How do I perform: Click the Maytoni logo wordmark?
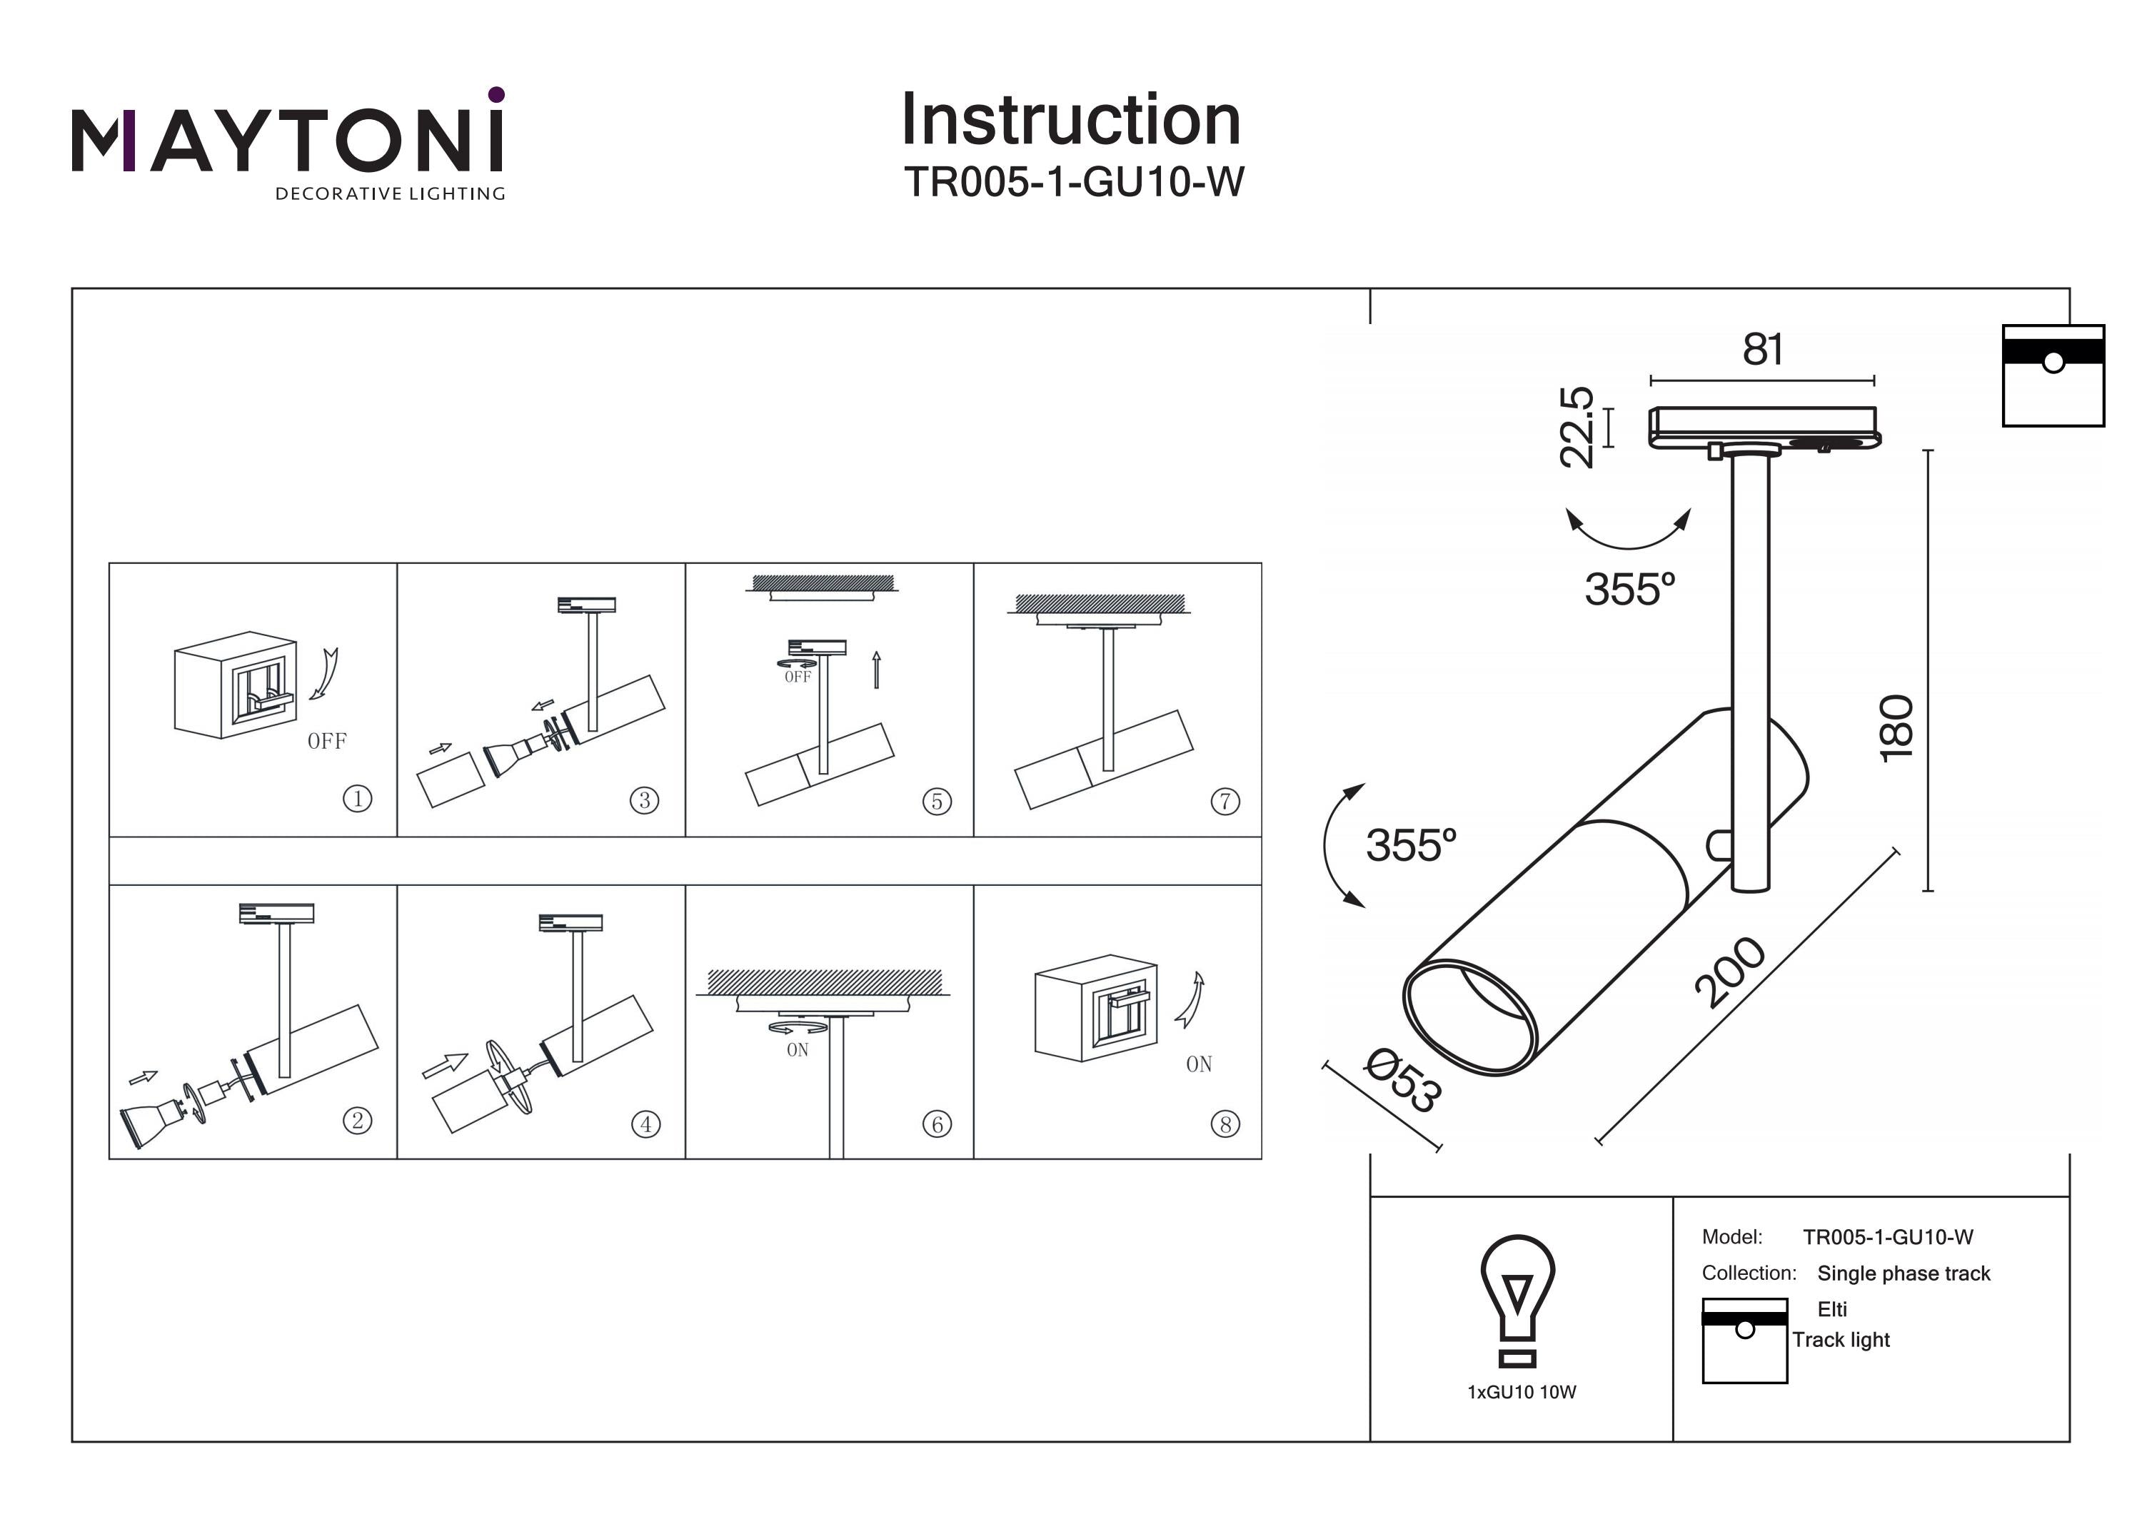pyautogui.click(x=287, y=140)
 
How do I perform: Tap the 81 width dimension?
pyautogui.click(x=1762, y=350)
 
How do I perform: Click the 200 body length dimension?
pyautogui.click(x=1731, y=972)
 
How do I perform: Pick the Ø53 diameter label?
pyautogui.click(x=1403, y=1080)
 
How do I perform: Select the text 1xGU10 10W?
pyautogui.click(x=1522, y=1393)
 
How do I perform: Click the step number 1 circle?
pyautogui.click(x=357, y=799)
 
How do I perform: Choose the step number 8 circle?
pyautogui.click(x=1225, y=1124)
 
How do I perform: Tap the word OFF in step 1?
pyautogui.click(x=326, y=742)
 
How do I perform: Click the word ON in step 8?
pyautogui.click(x=1199, y=1064)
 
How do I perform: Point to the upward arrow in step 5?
pyautogui.click(x=876, y=670)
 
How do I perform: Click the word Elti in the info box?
pyautogui.click(x=1831, y=1308)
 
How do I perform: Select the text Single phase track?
pyautogui.click(x=1904, y=1273)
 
